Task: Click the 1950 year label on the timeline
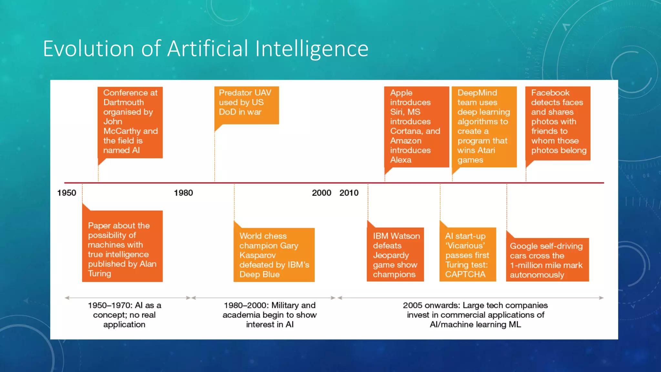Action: click(x=66, y=193)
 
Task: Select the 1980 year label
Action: click(x=183, y=193)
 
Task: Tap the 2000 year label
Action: click(x=321, y=193)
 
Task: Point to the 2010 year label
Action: click(x=349, y=193)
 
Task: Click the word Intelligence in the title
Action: click(x=311, y=49)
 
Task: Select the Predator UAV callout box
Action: click(x=247, y=105)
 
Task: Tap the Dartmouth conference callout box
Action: click(x=130, y=122)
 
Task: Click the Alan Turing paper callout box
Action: click(x=122, y=249)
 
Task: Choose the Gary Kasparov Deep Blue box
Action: click(x=274, y=255)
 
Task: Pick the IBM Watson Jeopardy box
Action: click(x=395, y=255)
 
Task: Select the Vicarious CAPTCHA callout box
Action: click(x=467, y=255)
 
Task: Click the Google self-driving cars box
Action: click(x=547, y=260)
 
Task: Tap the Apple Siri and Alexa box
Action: click(x=416, y=127)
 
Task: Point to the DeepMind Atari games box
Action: click(x=484, y=127)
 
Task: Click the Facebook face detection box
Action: click(x=558, y=123)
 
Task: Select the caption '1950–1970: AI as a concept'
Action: click(x=124, y=315)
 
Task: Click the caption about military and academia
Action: click(x=269, y=315)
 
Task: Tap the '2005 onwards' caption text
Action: click(x=475, y=315)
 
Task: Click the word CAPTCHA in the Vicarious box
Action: click(x=465, y=274)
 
